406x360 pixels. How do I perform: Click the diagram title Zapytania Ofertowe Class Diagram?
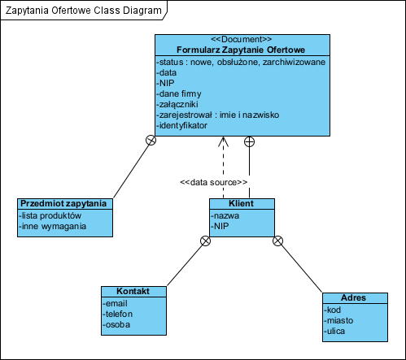pyautogui.click(x=84, y=11)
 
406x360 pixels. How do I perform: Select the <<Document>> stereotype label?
pyautogui.click(x=242, y=39)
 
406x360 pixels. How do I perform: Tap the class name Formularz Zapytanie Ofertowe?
pyautogui.click(x=241, y=50)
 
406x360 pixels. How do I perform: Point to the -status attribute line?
pyautogui.click(x=241, y=62)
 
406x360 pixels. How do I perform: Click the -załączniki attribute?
pyautogui.click(x=177, y=104)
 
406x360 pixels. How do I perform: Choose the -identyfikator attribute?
pyautogui.click(x=181, y=125)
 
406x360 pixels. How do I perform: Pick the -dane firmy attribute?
pyautogui.click(x=179, y=94)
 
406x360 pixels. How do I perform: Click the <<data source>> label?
pyautogui.click(x=214, y=182)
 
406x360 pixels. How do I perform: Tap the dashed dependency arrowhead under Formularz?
pyautogui.click(x=223, y=141)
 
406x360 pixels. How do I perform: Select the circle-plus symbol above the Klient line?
pyautogui.click(x=249, y=141)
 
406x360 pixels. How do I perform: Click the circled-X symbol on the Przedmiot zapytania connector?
pyautogui.click(x=151, y=140)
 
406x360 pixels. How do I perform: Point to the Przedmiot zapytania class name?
pyautogui.click(x=63, y=203)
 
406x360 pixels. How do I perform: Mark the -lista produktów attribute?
pyautogui.click(x=50, y=215)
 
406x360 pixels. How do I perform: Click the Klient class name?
pyautogui.click(x=241, y=203)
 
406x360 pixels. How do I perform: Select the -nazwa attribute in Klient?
pyautogui.click(x=225, y=215)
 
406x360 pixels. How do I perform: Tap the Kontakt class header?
pyautogui.click(x=133, y=291)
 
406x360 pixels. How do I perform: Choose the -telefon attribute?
pyautogui.click(x=118, y=314)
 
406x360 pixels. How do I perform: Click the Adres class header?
pyautogui.click(x=353, y=297)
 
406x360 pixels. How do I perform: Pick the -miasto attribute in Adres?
pyautogui.click(x=338, y=320)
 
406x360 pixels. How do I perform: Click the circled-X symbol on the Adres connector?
pyautogui.click(x=277, y=241)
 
